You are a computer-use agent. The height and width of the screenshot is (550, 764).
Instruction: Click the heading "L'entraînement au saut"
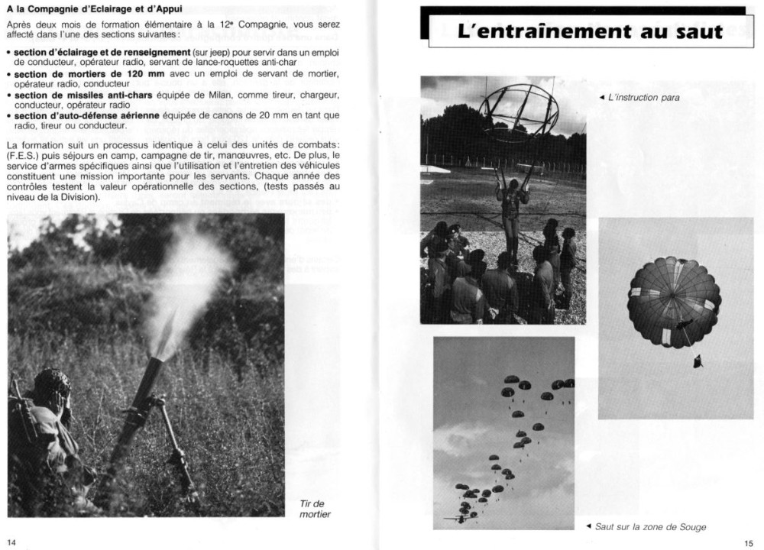click(589, 32)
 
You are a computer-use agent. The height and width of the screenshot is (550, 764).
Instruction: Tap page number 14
click(11, 542)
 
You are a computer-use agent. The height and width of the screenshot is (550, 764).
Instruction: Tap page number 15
click(749, 542)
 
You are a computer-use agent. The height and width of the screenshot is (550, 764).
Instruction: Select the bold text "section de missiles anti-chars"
click(84, 95)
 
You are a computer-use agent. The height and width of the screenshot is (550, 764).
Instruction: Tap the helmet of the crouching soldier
click(52, 379)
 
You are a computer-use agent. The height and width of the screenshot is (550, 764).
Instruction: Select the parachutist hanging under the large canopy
click(697, 360)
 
